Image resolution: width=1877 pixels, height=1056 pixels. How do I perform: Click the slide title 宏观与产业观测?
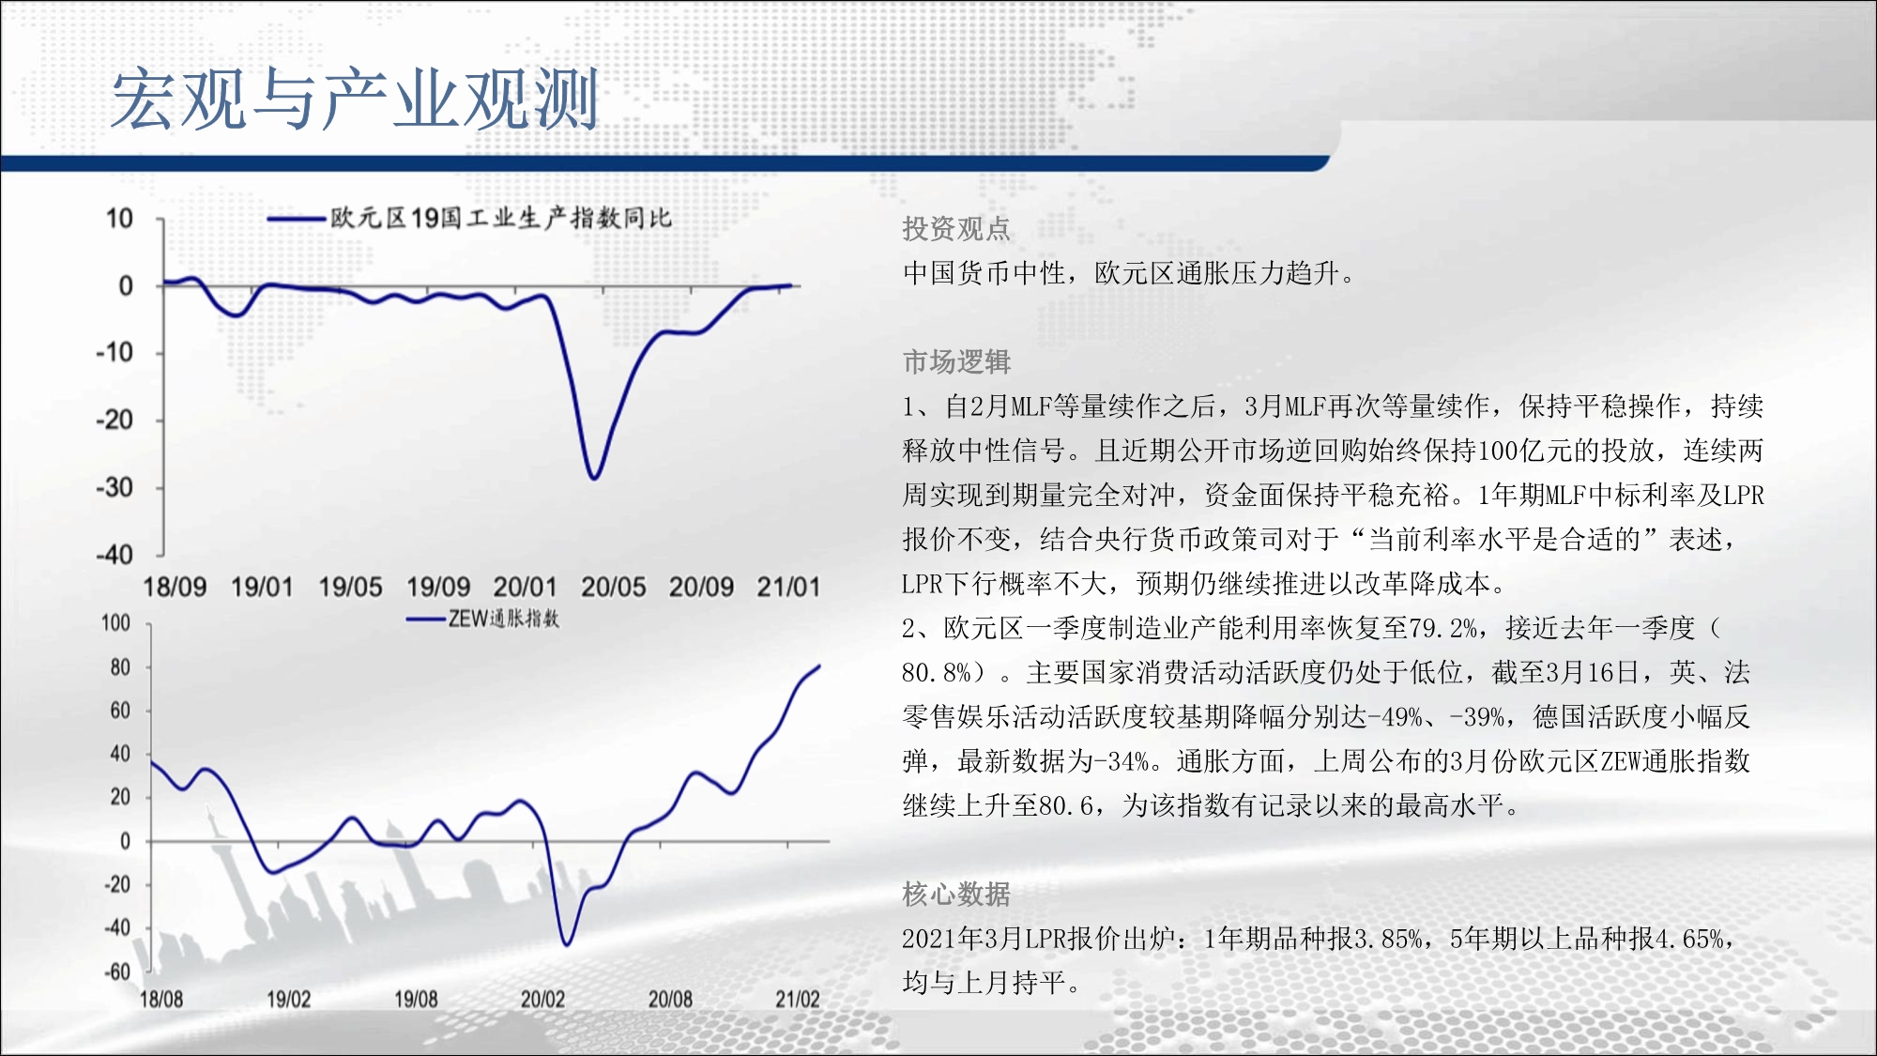coord(355,99)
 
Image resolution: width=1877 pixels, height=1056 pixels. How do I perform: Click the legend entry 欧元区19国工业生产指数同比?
coord(469,219)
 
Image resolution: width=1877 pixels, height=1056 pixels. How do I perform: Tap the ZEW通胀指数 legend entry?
coord(482,619)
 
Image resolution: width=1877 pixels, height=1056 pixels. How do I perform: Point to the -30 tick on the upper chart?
coord(114,487)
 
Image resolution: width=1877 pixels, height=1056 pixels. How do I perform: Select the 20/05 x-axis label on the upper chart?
coord(614,588)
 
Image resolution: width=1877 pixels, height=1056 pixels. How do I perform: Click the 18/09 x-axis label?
coord(175,588)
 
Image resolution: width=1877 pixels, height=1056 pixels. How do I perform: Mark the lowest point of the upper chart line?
coord(594,479)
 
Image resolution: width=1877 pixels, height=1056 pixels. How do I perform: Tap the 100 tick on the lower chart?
coord(115,623)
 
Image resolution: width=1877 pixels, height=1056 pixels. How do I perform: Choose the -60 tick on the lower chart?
coord(117,972)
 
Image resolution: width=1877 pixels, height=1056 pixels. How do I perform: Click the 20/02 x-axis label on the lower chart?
coord(542,999)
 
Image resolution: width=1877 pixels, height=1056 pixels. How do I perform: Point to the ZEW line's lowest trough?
coord(567,943)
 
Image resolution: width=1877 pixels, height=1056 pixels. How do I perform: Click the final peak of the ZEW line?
coord(819,666)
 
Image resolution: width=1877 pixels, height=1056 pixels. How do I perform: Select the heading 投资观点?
coord(956,228)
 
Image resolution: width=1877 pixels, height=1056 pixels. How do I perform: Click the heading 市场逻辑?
coord(956,361)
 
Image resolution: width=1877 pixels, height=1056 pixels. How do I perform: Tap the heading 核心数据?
coord(956,894)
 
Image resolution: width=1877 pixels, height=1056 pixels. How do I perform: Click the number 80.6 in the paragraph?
coord(1065,805)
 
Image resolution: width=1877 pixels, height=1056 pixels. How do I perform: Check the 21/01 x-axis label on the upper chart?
coord(788,588)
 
